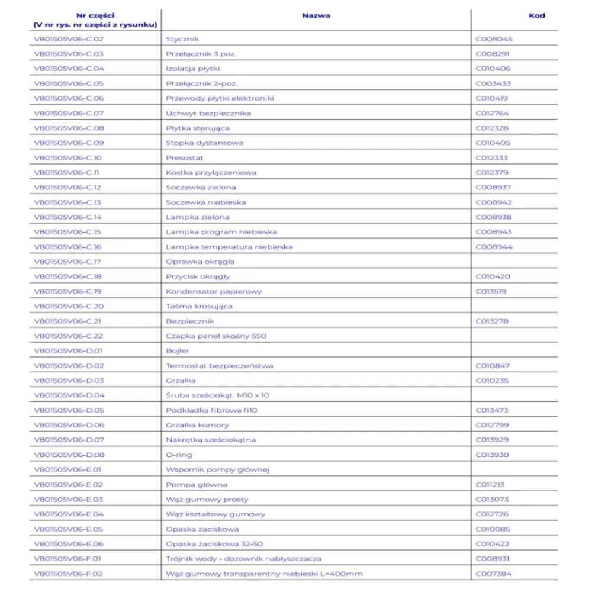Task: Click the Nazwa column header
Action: click(x=316, y=16)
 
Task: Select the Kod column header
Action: click(x=536, y=16)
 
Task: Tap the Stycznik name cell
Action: click(x=178, y=39)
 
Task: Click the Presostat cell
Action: click(x=184, y=158)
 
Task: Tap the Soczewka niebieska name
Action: click(x=206, y=202)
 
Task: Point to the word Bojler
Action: click(x=178, y=351)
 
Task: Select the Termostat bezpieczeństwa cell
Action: click(x=220, y=366)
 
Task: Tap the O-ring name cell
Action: click(x=179, y=455)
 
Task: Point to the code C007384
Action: click(x=494, y=574)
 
